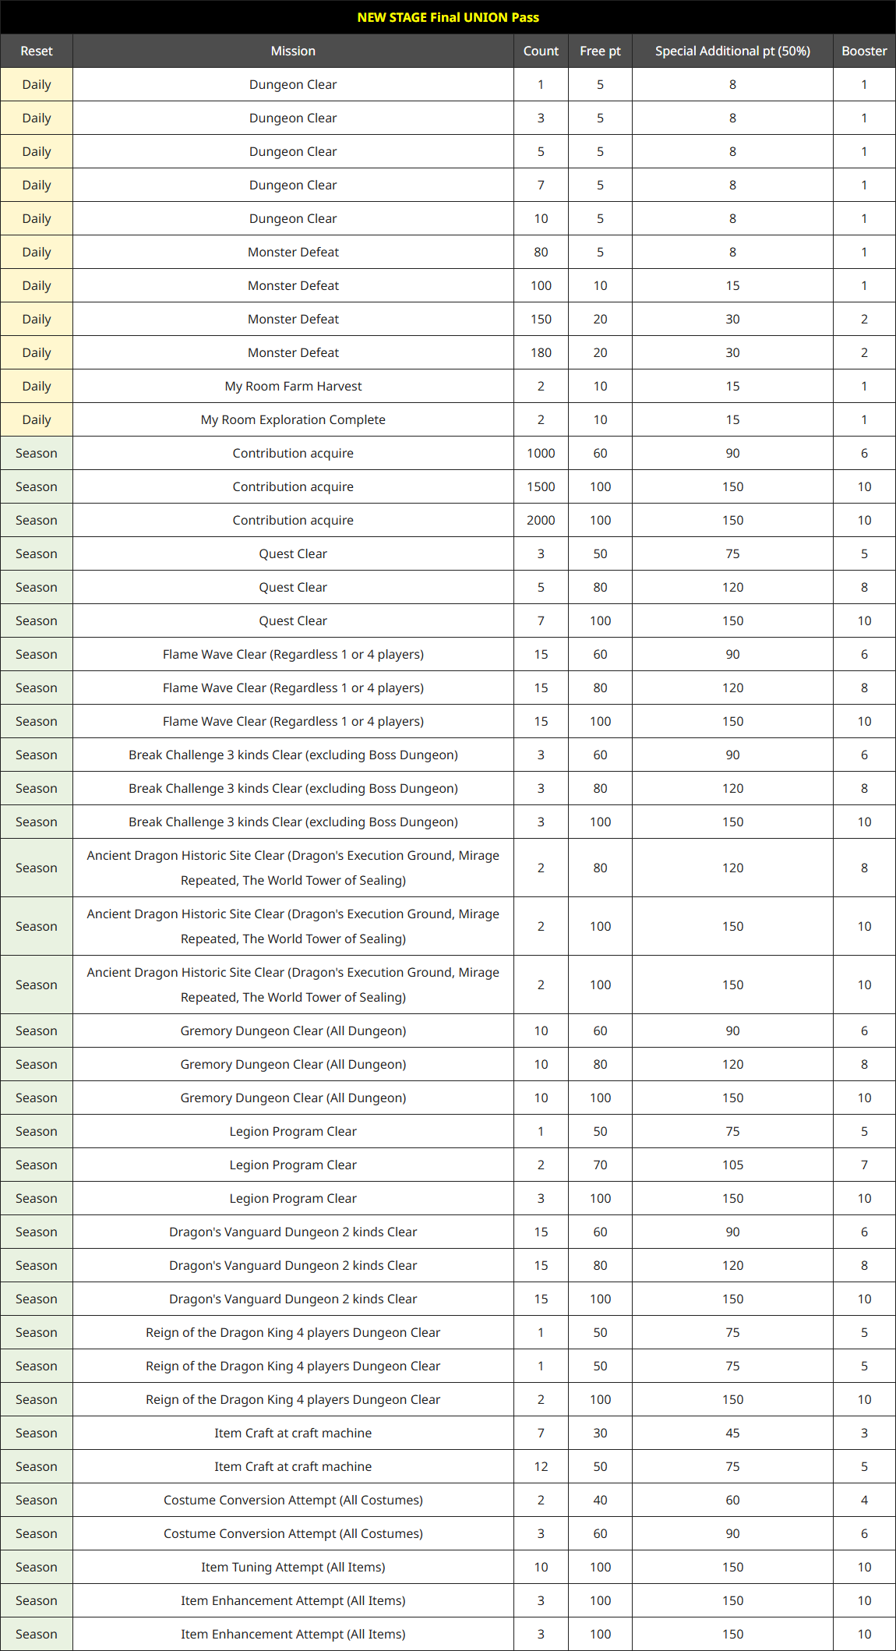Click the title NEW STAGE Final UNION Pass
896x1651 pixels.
pos(448,17)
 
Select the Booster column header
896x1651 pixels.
pos(864,51)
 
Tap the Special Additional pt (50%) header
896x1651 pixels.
pos(732,51)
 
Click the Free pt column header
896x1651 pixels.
pos(600,51)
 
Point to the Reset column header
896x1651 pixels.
pos(37,51)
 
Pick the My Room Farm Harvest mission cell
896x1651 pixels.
pos(293,386)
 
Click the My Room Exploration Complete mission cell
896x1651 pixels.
pos(293,419)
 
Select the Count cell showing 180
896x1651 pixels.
pos(541,352)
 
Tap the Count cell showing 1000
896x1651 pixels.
pos(541,453)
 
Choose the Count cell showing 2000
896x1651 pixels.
pos(541,520)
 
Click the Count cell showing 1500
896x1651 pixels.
pos(541,486)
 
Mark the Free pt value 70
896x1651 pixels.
pos(600,1165)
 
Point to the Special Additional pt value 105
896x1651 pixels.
pos(732,1165)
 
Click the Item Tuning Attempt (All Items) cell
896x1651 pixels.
pos(293,1567)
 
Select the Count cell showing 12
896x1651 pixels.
pos(541,1466)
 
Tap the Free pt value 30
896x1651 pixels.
pos(600,1433)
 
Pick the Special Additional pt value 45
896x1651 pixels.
pos(732,1433)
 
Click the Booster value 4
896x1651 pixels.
pos(864,1500)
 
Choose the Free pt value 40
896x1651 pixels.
pos(600,1500)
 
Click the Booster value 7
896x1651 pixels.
pos(864,1165)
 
